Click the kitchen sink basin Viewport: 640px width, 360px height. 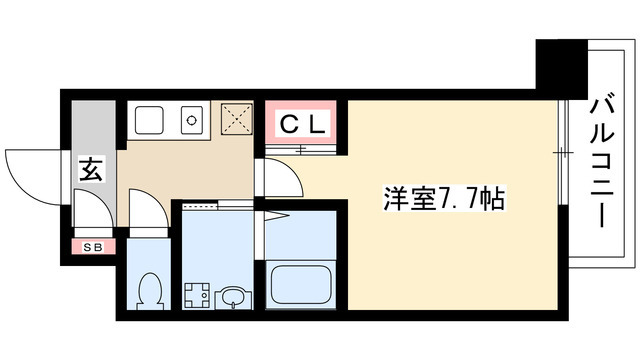click(x=151, y=121)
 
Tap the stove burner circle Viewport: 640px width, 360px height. click(x=190, y=121)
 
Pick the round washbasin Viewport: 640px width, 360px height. click(x=231, y=296)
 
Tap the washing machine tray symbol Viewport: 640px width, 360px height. click(x=195, y=296)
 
